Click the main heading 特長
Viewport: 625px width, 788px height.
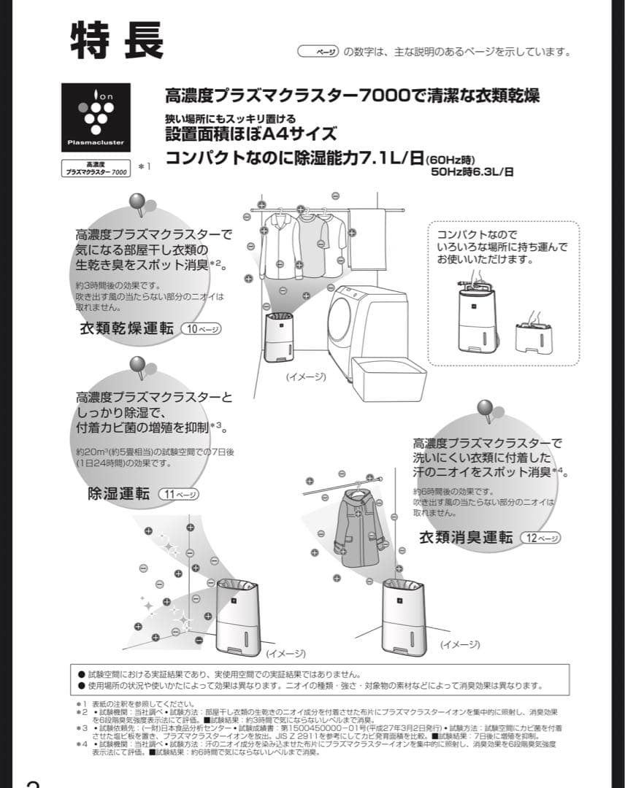tap(117, 40)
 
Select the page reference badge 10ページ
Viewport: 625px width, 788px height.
tap(201, 329)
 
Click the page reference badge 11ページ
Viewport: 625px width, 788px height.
tap(178, 494)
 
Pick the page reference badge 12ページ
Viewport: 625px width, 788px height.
tap(540, 538)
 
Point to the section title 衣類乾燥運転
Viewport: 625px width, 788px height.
tap(126, 328)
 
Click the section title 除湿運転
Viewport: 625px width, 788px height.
tap(118, 494)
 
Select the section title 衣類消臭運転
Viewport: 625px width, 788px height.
tap(466, 538)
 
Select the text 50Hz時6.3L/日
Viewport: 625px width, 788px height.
tap(472, 172)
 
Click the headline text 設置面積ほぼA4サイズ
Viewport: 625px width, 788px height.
tap(251, 134)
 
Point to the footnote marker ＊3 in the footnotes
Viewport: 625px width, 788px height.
tap(82, 728)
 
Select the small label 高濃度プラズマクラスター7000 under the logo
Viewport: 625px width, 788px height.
tap(96, 169)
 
